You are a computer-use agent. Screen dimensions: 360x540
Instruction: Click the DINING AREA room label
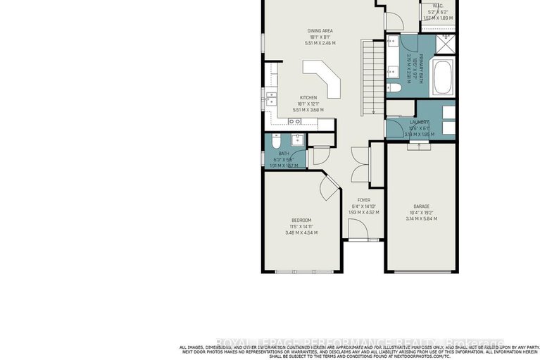pyautogui.click(x=320, y=30)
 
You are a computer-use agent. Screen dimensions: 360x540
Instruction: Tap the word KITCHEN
pyautogui.click(x=308, y=98)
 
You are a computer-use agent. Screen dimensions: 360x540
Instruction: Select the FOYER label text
pyautogui.click(x=363, y=200)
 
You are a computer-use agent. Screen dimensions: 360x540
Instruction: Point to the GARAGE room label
pyautogui.click(x=420, y=206)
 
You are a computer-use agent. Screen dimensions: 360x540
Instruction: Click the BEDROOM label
pyautogui.click(x=301, y=220)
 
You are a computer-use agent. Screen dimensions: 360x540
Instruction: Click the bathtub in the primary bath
pyautogui.click(x=443, y=79)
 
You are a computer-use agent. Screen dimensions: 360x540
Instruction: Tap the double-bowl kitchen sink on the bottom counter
pyautogui.click(x=296, y=122)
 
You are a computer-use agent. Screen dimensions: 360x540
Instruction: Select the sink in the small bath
pyautogui.click(x=297, y=138)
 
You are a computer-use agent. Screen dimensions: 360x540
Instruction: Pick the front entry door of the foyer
pyautogui.click(x=358, y=228)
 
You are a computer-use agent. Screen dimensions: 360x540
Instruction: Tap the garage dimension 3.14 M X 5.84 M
pyautogui.click(x=420, y=218)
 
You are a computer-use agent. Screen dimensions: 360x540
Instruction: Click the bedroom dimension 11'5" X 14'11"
pyautogui.click(x=301, y=226)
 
